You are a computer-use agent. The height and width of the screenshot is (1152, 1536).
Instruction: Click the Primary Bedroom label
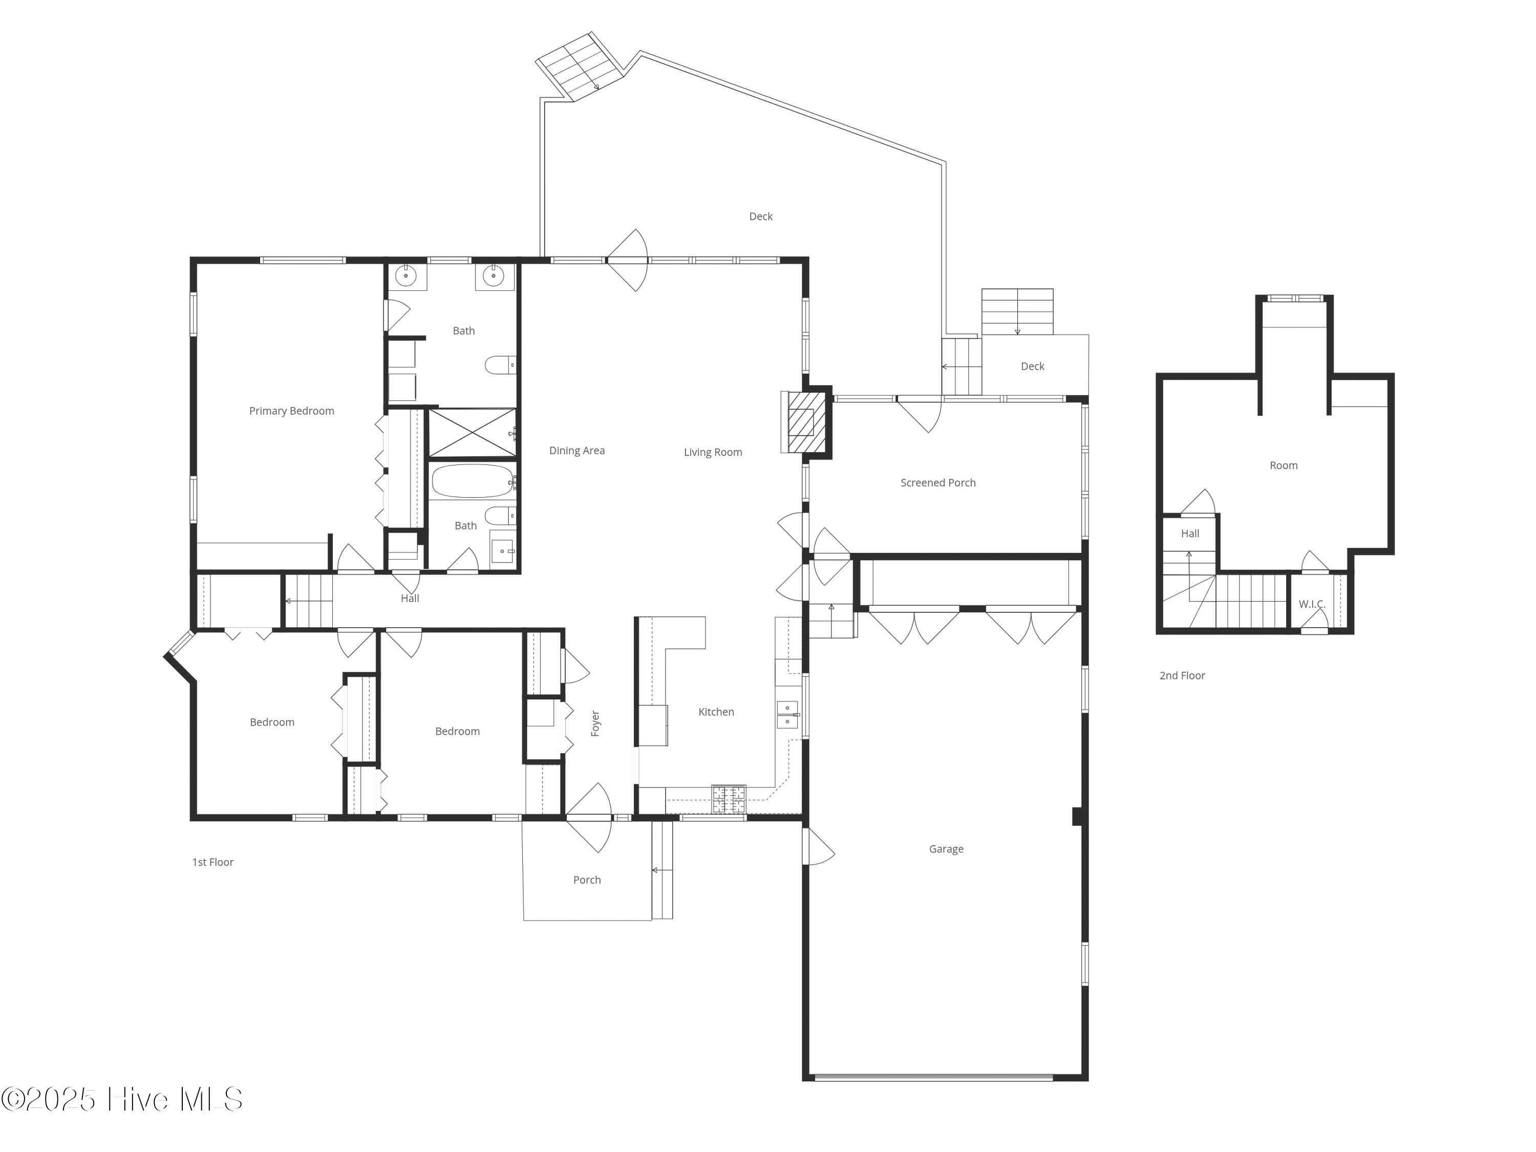(292, 411)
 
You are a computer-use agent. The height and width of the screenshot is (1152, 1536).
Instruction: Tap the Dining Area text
(577, 451)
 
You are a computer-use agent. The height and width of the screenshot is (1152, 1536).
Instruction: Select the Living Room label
(713, 452)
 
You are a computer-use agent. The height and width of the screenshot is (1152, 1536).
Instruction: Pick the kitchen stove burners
(729, 799)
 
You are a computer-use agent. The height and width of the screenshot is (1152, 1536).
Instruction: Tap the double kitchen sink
(787, 715)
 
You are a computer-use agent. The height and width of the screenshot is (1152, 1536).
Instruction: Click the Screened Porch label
(938, 483)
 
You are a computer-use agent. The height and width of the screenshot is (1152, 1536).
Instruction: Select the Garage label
(947, 849)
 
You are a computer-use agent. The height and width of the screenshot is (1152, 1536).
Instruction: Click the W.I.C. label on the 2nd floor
(1312, 604)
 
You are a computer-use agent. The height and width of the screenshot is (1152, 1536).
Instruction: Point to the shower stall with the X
(472, 433)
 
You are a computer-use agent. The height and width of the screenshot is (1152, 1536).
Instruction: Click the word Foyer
(595, 723)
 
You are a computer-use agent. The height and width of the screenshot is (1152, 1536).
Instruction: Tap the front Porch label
(587, 880)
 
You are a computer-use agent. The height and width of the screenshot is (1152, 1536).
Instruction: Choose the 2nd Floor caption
(1183, 676)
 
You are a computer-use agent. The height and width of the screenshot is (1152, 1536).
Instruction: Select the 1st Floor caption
(213, 862)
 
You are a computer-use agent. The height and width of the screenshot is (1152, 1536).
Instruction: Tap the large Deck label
(761, 217)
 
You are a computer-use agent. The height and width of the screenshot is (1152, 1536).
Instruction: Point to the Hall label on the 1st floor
(410, 598)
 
